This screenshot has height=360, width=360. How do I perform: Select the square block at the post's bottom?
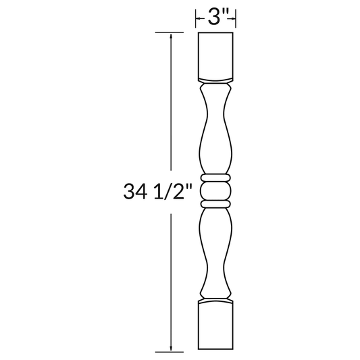pos(217,328)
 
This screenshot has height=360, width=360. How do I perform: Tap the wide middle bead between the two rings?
pos(217,190)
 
